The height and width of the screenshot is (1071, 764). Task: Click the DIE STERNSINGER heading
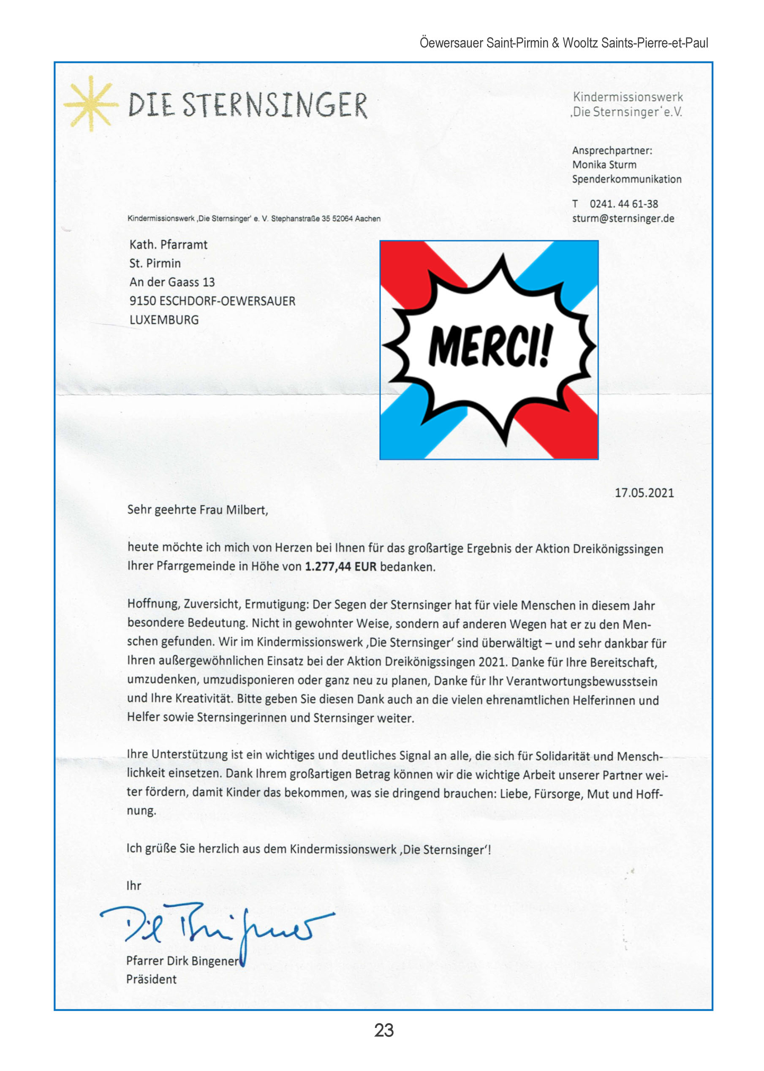coord(247,105)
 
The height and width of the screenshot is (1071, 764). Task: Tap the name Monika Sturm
coord(604,165)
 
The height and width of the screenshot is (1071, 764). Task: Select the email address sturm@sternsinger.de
coord(623,218)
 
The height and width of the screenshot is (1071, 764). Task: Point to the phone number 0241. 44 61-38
coord(623,204)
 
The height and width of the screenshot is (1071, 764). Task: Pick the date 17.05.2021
coord(644,492)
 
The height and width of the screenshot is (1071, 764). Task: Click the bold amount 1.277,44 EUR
coord(340,566)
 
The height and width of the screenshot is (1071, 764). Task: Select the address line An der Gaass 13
coord(172,282)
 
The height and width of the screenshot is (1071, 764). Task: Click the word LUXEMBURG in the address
coord(164,320)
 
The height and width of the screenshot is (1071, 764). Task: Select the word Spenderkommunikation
coord(626,179)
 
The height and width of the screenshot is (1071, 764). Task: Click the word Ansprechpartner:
coord(612,150)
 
